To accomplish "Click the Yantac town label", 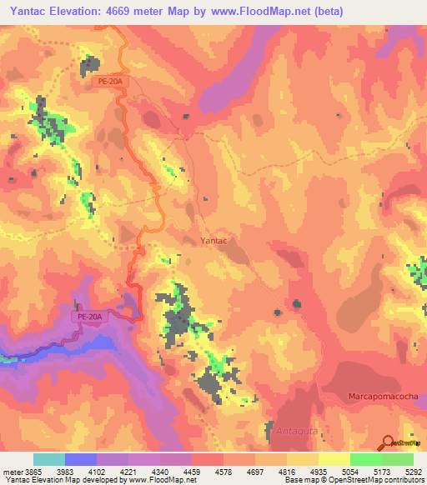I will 214,240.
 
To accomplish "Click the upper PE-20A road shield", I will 106,82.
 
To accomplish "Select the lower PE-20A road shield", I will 90,317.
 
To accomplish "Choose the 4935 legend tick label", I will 317,472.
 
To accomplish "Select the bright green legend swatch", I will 366,459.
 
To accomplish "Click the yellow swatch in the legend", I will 334,459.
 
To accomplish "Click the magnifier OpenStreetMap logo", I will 387,442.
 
